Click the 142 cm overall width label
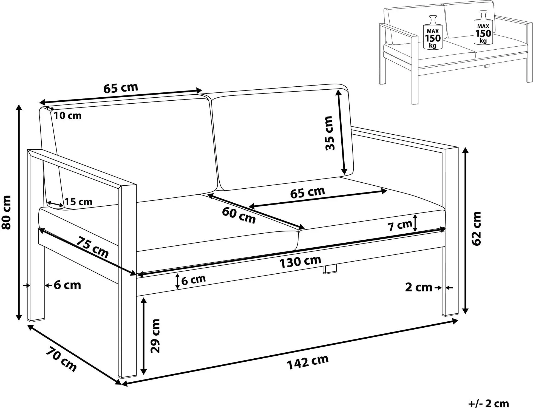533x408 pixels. click(308, 362)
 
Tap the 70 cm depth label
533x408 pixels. click(61, 359)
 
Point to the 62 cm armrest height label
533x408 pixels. click(477, 228)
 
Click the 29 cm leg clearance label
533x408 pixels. click(155, 336)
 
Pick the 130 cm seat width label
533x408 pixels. click(300, 262)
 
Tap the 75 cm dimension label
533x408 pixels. click(92, 247)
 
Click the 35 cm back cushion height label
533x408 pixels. click(329, 133)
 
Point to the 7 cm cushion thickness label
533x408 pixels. click(400, 225)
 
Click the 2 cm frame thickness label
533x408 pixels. click(419, 287)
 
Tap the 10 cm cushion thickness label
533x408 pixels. click(67, 115)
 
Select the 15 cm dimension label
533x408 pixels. click(78, 202)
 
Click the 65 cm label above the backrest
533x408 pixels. click(121, 88)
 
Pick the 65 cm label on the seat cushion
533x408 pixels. click(307, 192)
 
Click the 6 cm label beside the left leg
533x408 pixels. click(67, 285)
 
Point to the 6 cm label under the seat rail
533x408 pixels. click(193, 279)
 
